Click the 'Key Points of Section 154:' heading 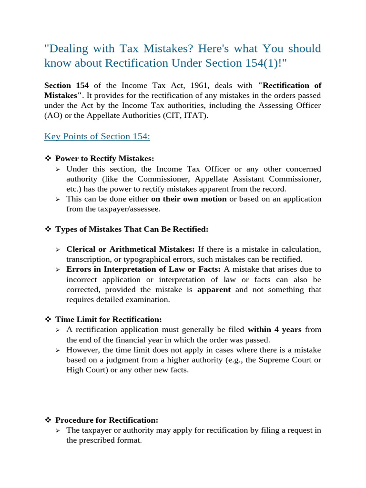pos(97,136)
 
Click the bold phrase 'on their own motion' pos(189,199)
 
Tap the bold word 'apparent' pos(214,290)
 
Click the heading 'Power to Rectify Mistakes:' pos(105,159)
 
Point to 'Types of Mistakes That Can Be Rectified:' pos(132,229)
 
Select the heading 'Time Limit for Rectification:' pos(109,319)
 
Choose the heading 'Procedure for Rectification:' pos(107,420)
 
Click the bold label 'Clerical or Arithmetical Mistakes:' pos(131,249)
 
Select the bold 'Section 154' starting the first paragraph pos(66,85)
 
